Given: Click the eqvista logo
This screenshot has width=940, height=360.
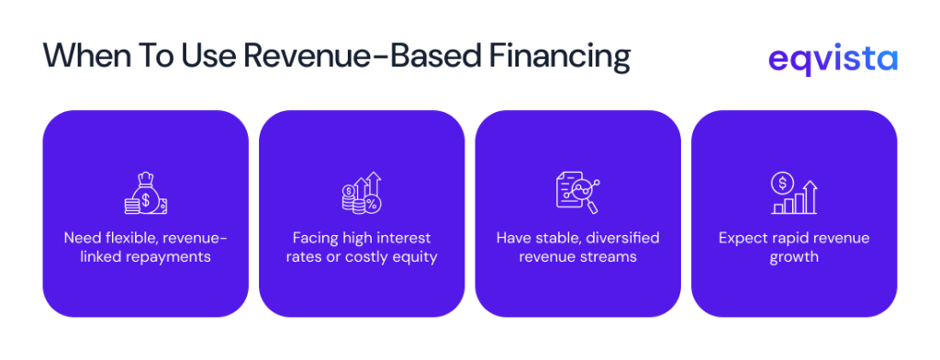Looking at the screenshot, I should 833,59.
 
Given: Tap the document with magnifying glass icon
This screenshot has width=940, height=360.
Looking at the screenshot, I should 577,191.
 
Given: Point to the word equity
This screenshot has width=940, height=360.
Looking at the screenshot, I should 415,257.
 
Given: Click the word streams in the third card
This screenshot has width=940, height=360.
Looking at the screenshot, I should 610,257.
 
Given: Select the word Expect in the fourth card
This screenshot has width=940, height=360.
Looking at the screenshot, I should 743,239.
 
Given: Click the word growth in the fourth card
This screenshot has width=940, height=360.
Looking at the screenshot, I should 793,257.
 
